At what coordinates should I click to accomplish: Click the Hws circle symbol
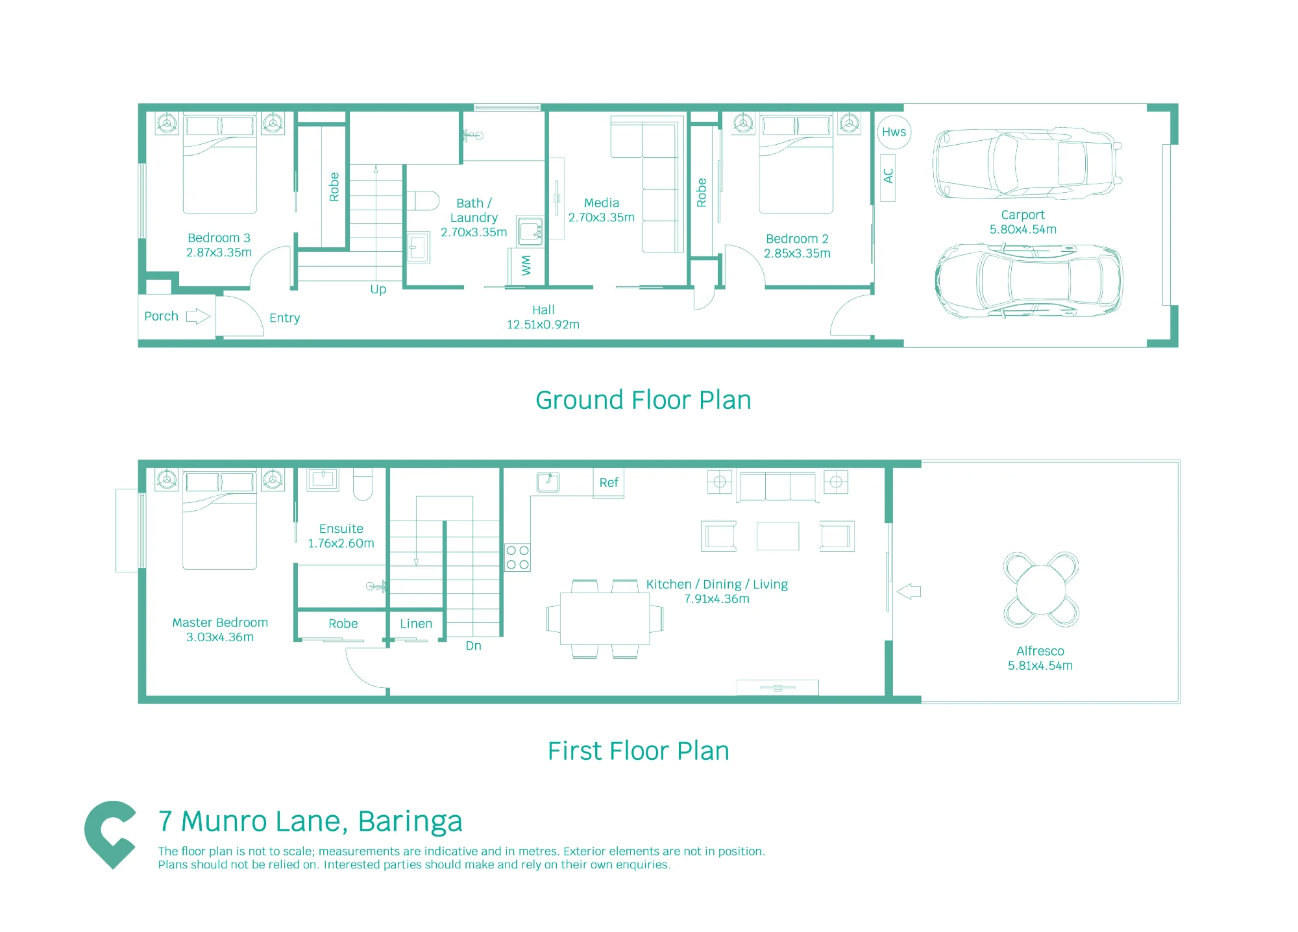894,132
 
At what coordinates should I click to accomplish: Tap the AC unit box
888,178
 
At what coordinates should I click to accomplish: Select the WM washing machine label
526,265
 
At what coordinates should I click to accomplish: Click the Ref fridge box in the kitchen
609,483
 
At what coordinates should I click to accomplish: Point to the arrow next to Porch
198,317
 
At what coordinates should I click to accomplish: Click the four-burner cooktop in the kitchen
518,558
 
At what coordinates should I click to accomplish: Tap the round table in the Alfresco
1041,589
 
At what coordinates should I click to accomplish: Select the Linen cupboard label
416,624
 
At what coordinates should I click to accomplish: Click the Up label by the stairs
378,289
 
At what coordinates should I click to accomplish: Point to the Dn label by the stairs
474,646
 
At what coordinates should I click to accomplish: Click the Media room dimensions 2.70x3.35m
602,218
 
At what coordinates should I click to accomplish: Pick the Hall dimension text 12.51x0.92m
543,325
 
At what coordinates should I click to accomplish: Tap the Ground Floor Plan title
643,400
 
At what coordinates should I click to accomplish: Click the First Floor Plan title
639,751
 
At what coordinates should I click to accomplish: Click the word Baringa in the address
410,822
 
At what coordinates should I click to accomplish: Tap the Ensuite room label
341,529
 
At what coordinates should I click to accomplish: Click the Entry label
285,318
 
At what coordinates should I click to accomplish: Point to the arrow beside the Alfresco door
909,591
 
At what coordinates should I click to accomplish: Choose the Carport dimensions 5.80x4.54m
1023,230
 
